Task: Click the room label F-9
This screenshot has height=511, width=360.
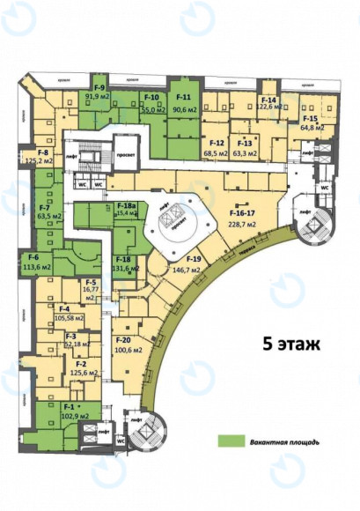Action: point(100,87)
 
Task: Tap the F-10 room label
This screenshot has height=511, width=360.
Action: point(151,96)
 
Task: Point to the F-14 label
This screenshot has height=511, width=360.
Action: point(269,100)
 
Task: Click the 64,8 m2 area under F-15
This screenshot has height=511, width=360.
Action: point(312,128)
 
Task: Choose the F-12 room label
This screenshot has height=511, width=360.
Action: point(217,144)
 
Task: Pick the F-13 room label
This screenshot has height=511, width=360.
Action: point(245,144)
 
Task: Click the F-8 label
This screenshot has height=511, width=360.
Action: point(41,153)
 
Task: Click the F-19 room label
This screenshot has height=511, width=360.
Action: point(195,258)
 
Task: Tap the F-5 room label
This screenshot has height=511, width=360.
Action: point(91,282)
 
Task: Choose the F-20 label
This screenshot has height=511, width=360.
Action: point(123,340)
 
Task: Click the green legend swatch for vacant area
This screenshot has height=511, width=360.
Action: point(232,441)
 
